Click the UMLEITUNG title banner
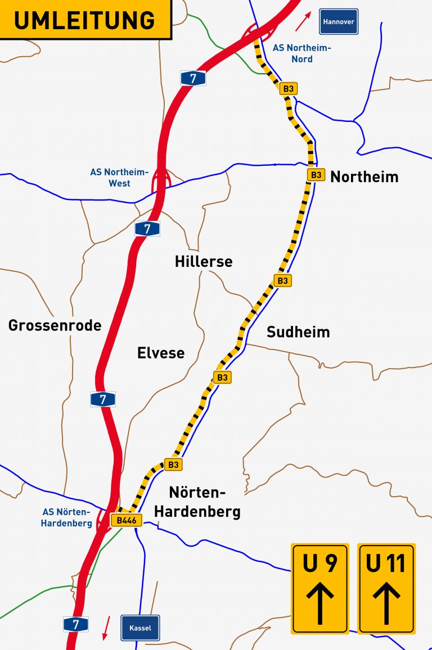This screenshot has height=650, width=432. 84,20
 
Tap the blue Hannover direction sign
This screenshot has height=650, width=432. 338,22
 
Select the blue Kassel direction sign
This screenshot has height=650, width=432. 140,628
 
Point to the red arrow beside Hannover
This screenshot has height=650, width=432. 303,22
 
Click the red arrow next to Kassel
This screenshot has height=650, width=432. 105,628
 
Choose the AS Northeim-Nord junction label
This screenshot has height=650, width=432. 301,53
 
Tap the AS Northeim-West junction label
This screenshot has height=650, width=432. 119,178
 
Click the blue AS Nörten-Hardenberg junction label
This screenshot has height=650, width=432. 67,517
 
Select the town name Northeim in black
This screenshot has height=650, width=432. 364,177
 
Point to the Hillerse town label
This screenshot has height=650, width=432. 203,261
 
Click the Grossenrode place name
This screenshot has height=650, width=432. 55,325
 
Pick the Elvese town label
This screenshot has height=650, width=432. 161,353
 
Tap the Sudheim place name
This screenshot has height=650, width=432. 298,331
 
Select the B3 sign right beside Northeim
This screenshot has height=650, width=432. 316,175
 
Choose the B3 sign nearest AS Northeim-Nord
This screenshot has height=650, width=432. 288,89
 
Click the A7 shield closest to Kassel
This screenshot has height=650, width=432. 75,624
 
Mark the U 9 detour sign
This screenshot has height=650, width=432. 320,588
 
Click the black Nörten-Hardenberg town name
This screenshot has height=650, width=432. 197,502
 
